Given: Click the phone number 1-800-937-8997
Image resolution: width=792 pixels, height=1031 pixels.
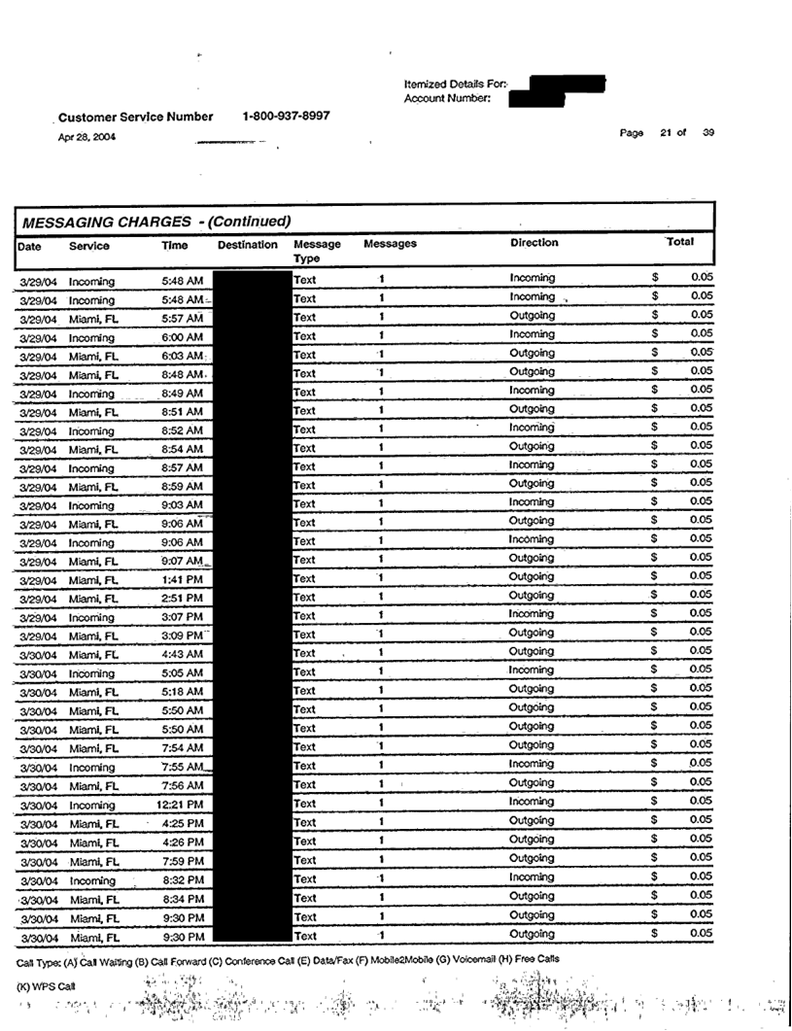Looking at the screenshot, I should click(x=286, y=116).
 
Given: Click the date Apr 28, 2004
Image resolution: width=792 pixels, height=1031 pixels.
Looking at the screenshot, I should click(x=86, y=137).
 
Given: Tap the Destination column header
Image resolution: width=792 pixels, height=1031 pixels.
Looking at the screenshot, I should click(x=248, y=246).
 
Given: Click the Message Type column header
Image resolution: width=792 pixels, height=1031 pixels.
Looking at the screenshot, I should click(x=317, y=252).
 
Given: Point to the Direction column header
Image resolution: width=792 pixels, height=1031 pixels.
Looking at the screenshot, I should click(x=534, y=243).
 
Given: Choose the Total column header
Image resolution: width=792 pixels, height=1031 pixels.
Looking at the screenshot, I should click(x=679, y=241).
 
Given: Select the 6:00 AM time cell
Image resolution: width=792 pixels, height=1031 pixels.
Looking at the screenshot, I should click(x=182, y=337).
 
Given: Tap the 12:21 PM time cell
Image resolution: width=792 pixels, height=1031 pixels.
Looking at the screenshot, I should click(x=180, y=805).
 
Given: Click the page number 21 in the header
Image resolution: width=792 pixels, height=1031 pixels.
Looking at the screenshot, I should click(x=667, y=133).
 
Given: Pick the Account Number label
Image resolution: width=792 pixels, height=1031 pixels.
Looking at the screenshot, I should click(x=447, y=97).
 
